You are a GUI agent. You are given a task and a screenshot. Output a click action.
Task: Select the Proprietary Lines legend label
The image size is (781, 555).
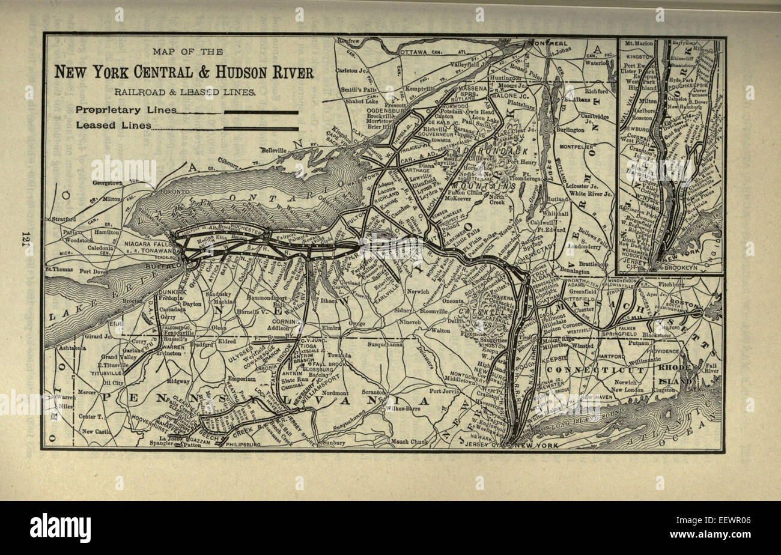pos(126,110)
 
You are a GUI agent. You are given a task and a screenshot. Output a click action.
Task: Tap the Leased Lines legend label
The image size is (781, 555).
pos(112,126)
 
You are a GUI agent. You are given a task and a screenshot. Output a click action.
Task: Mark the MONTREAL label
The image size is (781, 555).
pos(549,44)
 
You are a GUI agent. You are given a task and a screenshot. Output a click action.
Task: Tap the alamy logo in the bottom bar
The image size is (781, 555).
pos(60,528)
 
